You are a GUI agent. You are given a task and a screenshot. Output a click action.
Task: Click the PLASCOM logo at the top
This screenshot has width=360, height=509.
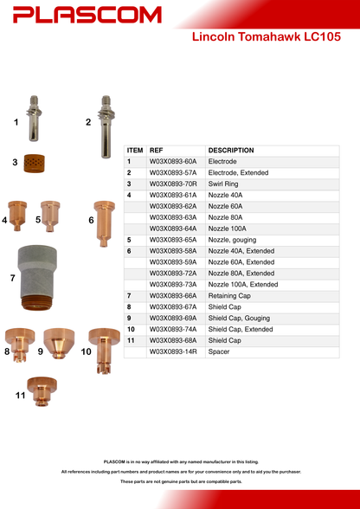pos(87,15)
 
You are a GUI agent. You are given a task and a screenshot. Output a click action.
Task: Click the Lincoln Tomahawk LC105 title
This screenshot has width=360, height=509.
pos(267,36)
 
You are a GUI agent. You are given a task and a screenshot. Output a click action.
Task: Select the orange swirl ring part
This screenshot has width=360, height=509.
pos(35,164)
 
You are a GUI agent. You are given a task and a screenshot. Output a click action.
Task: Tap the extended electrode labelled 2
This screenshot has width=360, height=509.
pos(106,126)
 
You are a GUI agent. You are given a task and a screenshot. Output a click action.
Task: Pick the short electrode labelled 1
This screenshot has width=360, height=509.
pos(34,118)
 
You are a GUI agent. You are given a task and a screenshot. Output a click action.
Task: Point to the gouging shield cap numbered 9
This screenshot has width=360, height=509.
pos(59,343)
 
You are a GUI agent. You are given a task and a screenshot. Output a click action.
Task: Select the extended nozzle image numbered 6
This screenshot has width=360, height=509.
pos(104,223)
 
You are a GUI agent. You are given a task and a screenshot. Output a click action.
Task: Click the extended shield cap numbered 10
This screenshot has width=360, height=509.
pos(104,351)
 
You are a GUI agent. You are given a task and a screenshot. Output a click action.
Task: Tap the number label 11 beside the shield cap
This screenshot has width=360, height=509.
pos(20,396)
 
